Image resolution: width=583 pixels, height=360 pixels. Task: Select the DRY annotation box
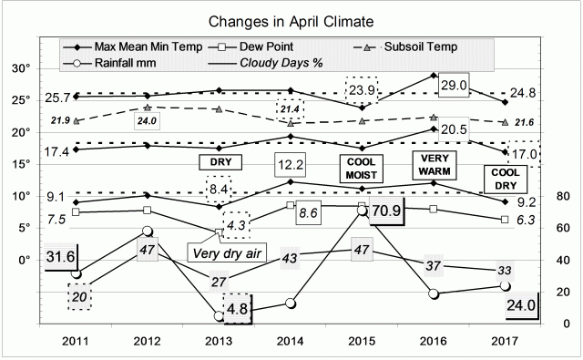coord(219,161)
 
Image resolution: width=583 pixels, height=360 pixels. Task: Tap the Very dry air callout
coord(224,252)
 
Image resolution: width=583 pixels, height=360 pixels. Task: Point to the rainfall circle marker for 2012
coord(148,231)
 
